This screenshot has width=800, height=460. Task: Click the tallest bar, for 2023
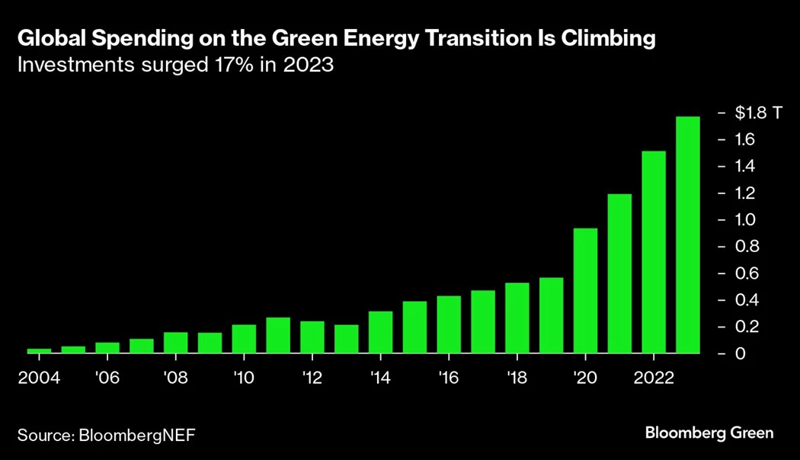point(688,235)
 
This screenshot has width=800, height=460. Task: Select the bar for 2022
point(654,252)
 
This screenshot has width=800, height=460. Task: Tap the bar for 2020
point(585,291)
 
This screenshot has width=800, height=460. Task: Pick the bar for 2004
point(39,351)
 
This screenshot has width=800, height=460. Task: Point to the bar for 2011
point(278,336)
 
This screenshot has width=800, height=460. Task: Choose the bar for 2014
point(380,333)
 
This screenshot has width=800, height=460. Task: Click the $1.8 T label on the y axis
point(759,113)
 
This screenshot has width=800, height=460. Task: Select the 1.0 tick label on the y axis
point(744,220)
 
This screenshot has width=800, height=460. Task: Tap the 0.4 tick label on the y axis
point(744,300)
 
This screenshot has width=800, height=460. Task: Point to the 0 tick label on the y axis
point(739,353)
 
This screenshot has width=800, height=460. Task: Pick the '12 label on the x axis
point(312,378)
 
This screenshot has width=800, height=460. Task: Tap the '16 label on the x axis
point(449,378)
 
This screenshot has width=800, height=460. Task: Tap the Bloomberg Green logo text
point(709,433)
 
